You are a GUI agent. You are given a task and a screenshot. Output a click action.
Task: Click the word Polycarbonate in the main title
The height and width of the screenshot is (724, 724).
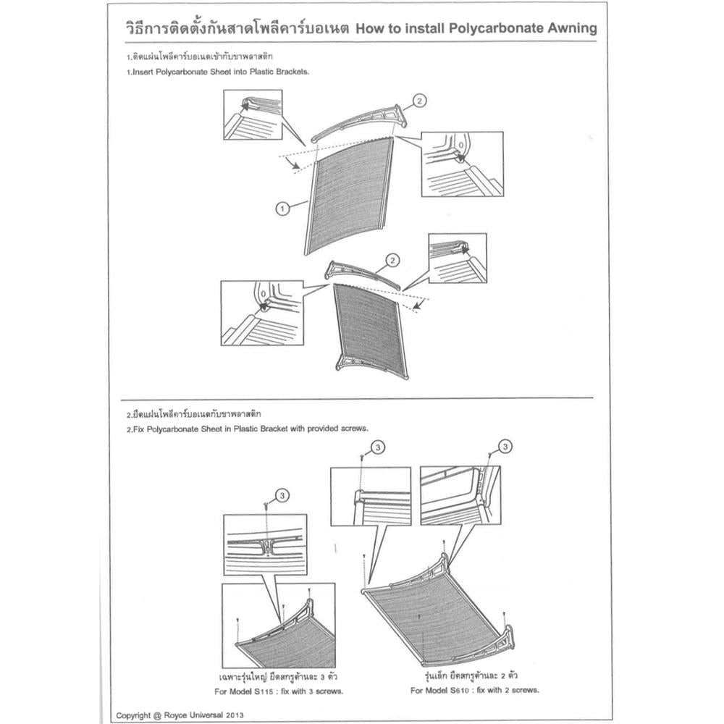(x=476, y=28)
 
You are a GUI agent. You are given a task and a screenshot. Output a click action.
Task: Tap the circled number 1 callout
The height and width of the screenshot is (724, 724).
(x=282, y=209)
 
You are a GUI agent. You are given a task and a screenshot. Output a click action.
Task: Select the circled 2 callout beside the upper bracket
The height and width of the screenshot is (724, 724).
(x=420, y=101)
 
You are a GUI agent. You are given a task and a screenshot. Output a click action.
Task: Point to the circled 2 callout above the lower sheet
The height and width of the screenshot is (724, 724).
(x=392, y=260)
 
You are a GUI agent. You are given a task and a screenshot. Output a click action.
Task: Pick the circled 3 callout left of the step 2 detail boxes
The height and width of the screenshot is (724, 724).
(x=377, y=449)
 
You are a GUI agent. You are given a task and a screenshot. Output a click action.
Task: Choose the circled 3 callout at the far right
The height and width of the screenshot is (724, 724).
(x=505, y=445)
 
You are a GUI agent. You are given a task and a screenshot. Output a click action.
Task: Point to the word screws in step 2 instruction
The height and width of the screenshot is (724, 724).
(x=350, y=428)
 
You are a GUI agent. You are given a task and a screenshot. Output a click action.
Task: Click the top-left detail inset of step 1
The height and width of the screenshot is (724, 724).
(x=253, y=114)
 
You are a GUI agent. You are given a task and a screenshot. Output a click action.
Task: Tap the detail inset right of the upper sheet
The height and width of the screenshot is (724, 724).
(x=462, y=164)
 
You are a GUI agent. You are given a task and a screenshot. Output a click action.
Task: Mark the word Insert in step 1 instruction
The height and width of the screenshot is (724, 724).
(x=143, y=73)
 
